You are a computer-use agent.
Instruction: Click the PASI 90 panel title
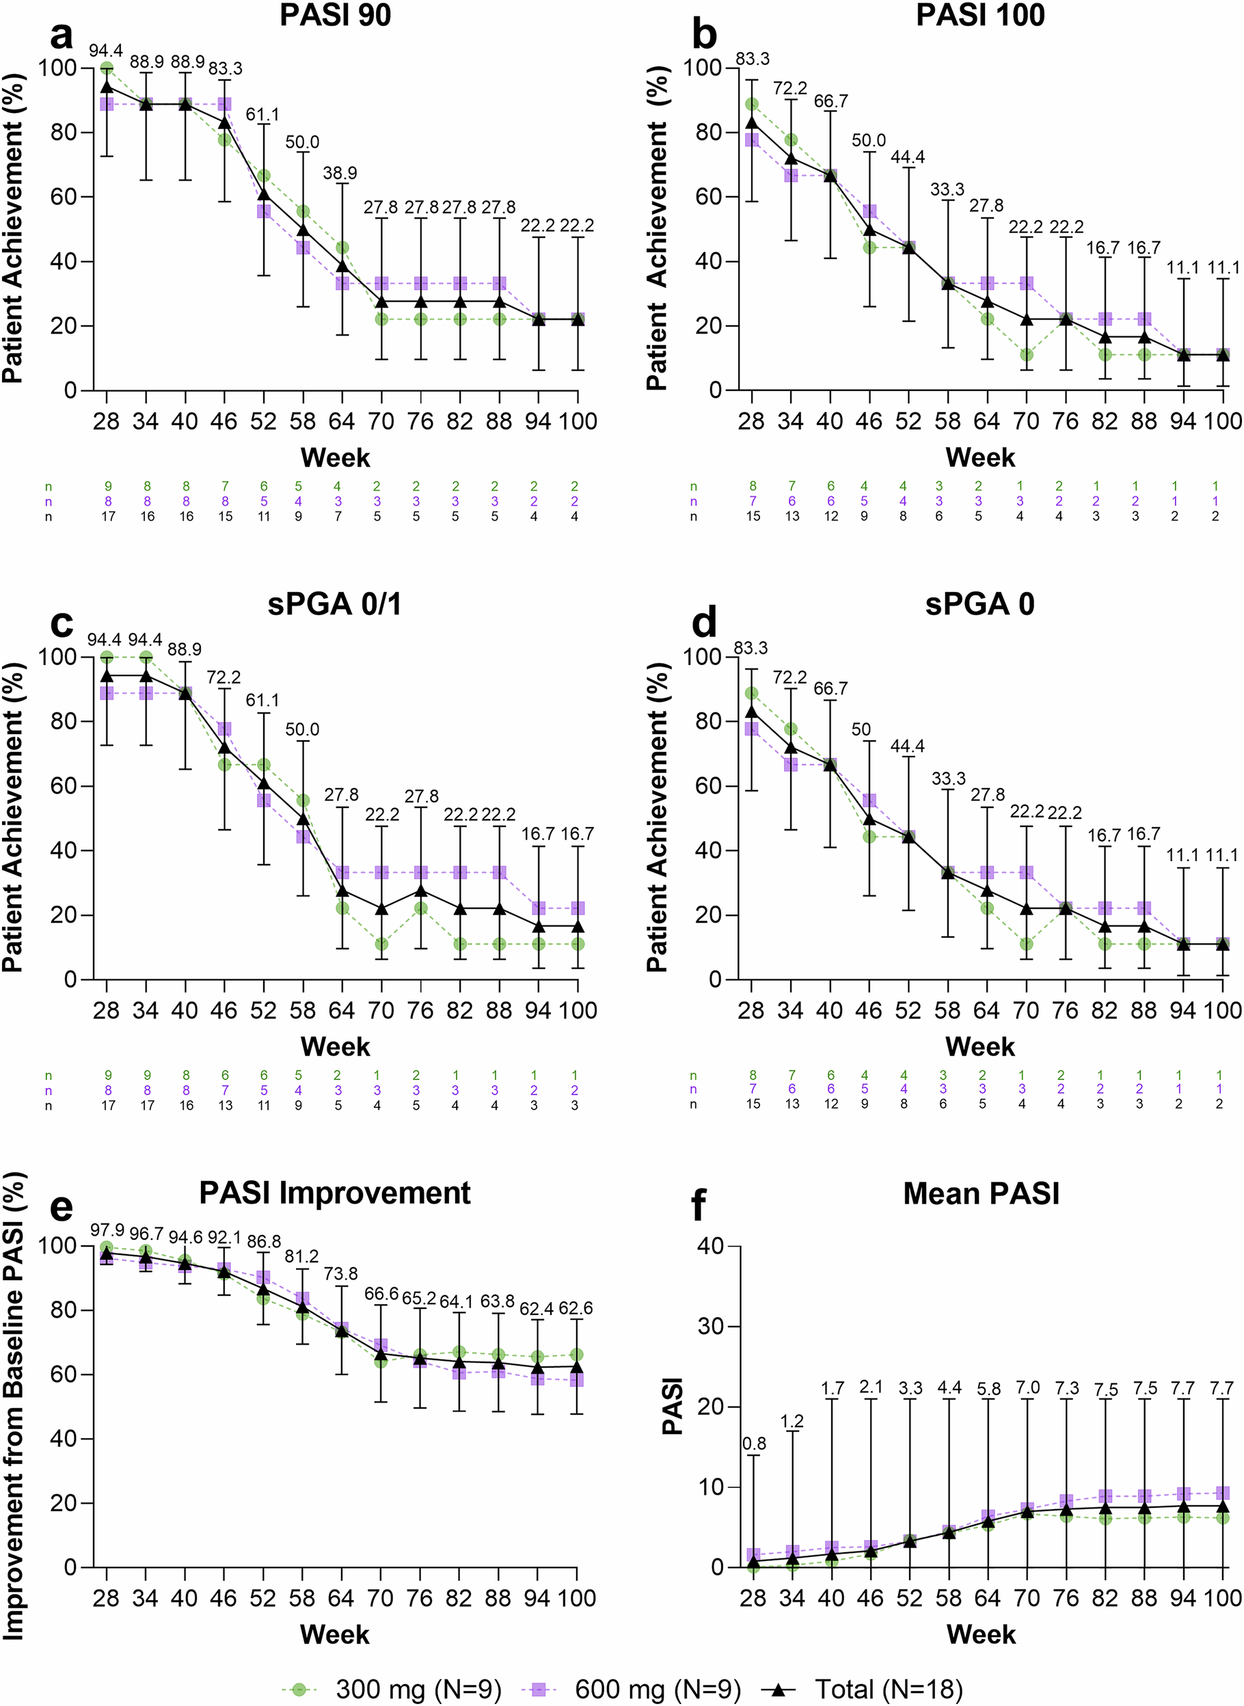coord(335,15)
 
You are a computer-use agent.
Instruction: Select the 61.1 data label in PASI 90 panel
coord(262,114)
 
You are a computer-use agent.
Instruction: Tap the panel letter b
coord(704,36)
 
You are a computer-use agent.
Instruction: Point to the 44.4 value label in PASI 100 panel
coord(908,157)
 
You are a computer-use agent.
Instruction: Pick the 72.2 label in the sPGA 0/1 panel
coord(224,677)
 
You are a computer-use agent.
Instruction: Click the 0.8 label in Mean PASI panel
coord(754,1444)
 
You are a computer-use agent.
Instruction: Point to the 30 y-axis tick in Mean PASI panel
coord(710,1327)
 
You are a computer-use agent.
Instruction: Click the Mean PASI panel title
coord(980,1194)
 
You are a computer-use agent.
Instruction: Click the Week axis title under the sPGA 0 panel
coord(980,1046)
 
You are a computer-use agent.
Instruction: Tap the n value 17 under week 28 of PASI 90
coord(108,517)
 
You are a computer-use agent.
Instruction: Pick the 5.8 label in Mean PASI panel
coord(988,1390)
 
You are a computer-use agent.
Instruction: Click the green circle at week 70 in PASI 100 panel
coord(1027,355)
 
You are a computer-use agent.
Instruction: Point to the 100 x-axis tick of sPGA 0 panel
coord(1221,1010)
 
